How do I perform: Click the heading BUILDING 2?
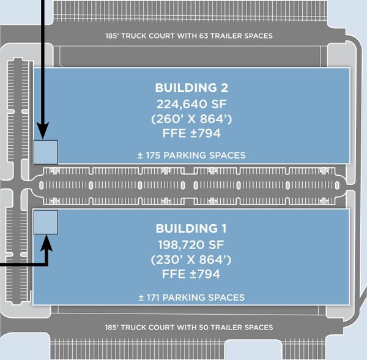[x=191, y=88]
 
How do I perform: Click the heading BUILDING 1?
[x=191, y=228]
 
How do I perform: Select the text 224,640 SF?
[x=191, y=104]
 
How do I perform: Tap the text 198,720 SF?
[x=191, y=245]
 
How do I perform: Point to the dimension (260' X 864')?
[x=191, y=119]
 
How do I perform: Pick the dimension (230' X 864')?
[x=191, y=260]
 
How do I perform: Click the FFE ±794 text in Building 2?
[x=191, y=133]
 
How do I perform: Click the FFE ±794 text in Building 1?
[x=191, y=274]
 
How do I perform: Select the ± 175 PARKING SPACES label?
[x=191, y=156]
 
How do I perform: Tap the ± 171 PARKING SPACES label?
[x=191, y=298]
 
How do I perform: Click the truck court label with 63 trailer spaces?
[x=189, y=36]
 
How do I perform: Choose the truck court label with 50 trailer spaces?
[x=189, y=327]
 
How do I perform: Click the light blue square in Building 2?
[x=46, y=152]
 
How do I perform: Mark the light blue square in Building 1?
[x=46, y=222]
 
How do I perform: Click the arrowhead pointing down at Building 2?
[x=43, y=130]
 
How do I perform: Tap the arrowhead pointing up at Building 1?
[x=46, y=243]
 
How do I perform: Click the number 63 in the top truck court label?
[x=204, y=36]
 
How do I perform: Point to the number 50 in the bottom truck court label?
[x=204, y=327]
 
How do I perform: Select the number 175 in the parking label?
[x=153, y=156]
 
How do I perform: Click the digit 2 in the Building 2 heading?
[x=224, y=88]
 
